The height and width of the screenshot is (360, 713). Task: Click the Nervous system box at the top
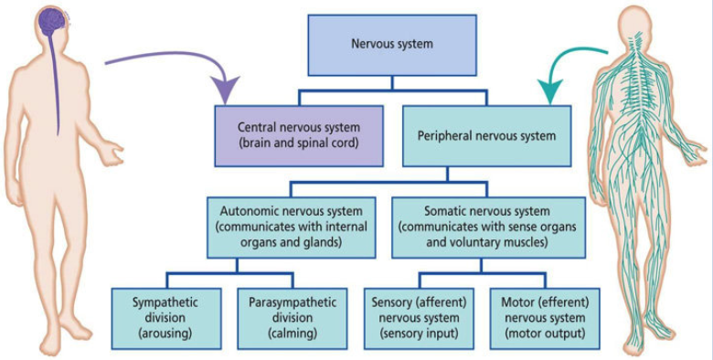tap(392, 44)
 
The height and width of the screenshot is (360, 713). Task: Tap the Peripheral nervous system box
tap(487, 134)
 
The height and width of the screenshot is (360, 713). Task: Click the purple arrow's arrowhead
tap(223, 92)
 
